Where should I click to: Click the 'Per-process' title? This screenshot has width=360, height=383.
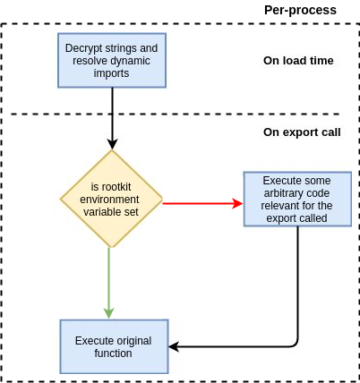point(300,11)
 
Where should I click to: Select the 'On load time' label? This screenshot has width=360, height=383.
point(298,61)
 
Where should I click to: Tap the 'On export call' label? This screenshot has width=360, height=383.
point(302,132)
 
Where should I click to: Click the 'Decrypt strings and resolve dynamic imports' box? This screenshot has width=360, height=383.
point(112,60)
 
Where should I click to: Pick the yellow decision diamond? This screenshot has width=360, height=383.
point(112,199)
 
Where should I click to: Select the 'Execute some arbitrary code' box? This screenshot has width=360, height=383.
point(297,199)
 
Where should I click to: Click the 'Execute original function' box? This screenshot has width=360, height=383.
point(114,346)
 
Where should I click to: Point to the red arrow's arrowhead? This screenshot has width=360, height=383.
point(238,204)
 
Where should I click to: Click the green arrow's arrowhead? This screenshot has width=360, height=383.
point(109,313)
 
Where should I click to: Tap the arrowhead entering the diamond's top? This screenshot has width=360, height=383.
point(112,144)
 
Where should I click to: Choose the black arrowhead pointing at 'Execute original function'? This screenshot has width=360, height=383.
point(174,347)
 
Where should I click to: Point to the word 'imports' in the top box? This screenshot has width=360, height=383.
point(111,73)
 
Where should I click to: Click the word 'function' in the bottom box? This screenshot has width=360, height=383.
point(113,353)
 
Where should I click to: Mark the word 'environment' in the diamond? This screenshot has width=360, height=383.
point(109,200)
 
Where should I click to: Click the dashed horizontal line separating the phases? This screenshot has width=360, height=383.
point(176,114)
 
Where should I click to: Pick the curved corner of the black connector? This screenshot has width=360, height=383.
point(296,344)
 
